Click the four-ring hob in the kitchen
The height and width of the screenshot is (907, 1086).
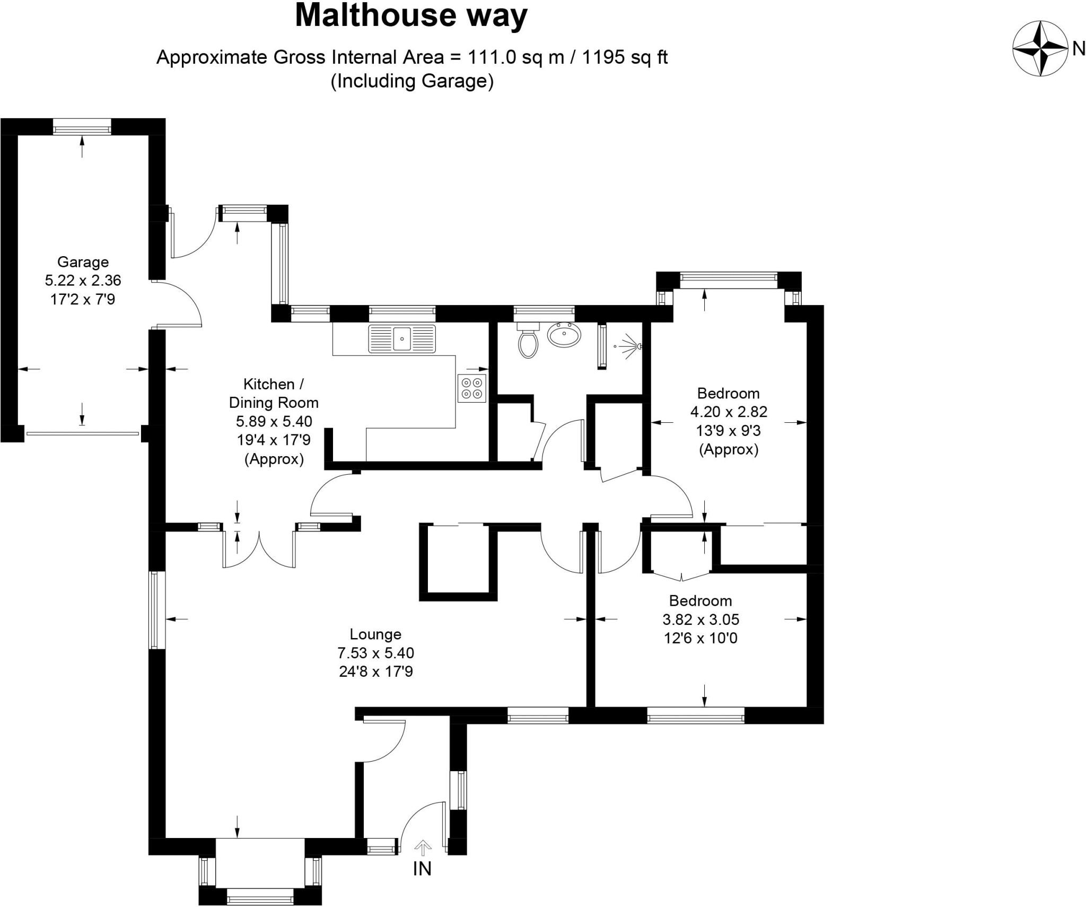click(471, 388)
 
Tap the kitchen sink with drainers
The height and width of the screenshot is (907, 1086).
click(402, 338)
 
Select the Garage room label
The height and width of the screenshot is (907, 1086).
click(83, 262)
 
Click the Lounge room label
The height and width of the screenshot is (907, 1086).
click(375, 634)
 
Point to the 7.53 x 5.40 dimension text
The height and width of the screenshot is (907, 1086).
click(375, 653)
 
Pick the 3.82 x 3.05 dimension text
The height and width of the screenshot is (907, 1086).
click(700, 620)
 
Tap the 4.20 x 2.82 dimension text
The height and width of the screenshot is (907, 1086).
click(729, 412)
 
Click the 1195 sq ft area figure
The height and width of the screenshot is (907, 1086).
click(625, 57)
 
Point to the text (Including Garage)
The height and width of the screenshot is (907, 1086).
click(412, 81)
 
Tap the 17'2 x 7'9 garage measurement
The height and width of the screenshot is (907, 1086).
click(83, 300)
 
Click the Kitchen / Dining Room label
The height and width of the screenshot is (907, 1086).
click(274, 393)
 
